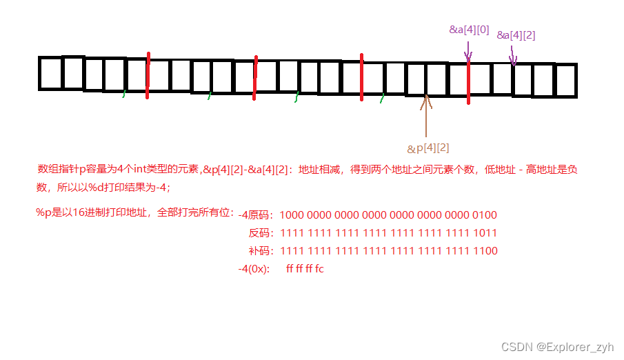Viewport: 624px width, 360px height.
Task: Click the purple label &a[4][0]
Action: click(x=469, y=30)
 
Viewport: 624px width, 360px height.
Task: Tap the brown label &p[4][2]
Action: click(x=428, y=148)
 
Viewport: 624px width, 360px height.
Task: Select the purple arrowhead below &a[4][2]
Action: click(x=513, y=62)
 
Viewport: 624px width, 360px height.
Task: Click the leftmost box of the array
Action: click(x=50, y=73)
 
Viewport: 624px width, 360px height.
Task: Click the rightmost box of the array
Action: click(x=565, y=81)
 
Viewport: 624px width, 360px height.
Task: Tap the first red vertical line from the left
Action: click(x=148, y=74)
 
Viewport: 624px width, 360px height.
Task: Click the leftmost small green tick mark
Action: click(x=124, y=93)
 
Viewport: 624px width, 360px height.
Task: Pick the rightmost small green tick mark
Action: click(x=382, y=100)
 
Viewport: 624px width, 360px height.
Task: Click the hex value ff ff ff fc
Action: click(x=305, y=269)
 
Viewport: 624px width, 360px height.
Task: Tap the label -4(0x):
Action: click(x=254, y=269)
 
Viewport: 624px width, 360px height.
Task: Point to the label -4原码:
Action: click(x=256, y=215)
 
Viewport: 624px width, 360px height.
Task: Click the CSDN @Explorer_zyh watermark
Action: click(x=557, y=347)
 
